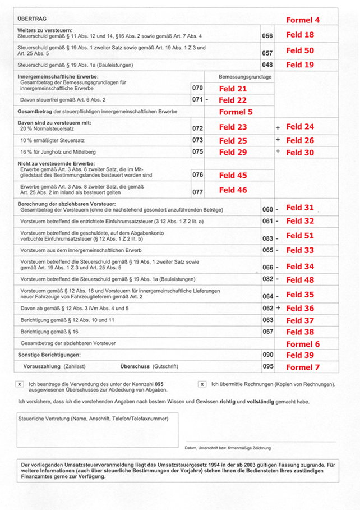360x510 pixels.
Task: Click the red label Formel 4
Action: point(303,20)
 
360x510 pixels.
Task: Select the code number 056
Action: point(267,36)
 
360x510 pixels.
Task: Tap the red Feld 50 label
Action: point(300,50)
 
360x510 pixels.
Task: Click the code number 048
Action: point(267,65)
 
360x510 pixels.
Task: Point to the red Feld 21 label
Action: point(233,89)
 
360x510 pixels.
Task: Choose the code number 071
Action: point(197,100)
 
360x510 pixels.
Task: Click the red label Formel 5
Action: point(236,112)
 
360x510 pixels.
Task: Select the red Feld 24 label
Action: point(300,127)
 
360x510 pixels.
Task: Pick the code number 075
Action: point(197,151)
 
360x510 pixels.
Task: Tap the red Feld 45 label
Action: point(233,176)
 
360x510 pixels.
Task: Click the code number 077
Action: point(197,191)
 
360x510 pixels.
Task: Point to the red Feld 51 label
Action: point(300,236)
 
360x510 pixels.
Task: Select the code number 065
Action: point(267,250)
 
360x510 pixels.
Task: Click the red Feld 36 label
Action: point(300,308)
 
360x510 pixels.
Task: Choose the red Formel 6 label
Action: point(303,344)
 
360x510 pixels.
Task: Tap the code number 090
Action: point(267,355)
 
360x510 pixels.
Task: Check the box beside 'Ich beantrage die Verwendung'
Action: point(20,384)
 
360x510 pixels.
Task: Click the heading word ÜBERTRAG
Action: point(32,19)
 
